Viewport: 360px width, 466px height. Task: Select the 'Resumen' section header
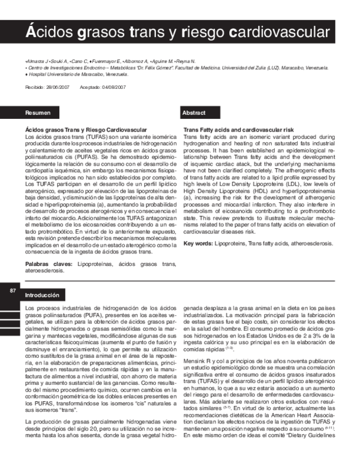coord(38,113)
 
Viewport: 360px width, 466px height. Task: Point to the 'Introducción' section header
coord(42,295)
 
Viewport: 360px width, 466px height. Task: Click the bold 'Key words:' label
coord(197,243)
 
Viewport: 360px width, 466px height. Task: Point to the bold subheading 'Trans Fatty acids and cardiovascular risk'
coord(238,130)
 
